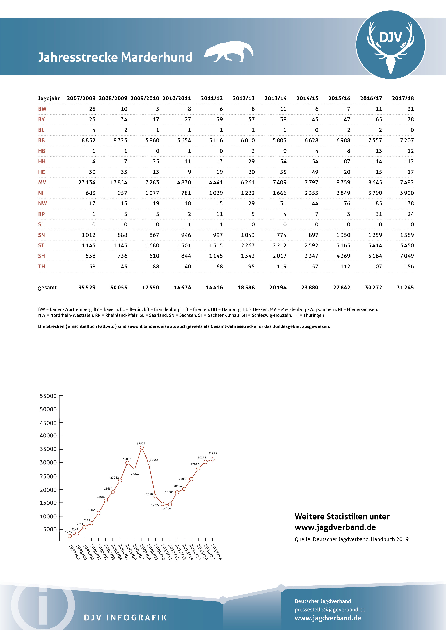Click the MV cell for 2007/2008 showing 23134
pyautogui.click(x=87, y=182)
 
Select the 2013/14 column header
pyautogui.click(x=275, y=98)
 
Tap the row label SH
pyautogui.click(x=42, y=256)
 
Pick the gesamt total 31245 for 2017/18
pyautogui.click(x=405, y=287)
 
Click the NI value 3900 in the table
pyautogui.click(x=407, y=193)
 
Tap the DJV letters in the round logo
pyautogui.click(x=390, y=37)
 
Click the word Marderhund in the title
pyautogui.click(x=157, y=57)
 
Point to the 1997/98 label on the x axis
pyautogui.click(x=74, y=552)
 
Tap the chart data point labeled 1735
pyautogui.click(x=70, y=536)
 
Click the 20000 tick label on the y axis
pyautogui.click(x=48, y=490)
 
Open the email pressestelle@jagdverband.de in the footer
pyautogui.click(x=330, y=609)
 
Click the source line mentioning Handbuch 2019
pyautogui.click(x=351, y=539)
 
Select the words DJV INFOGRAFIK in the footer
pyautogui.click(x=125, y=618)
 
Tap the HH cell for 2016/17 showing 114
pyautogui.click(x=377, y=161)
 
